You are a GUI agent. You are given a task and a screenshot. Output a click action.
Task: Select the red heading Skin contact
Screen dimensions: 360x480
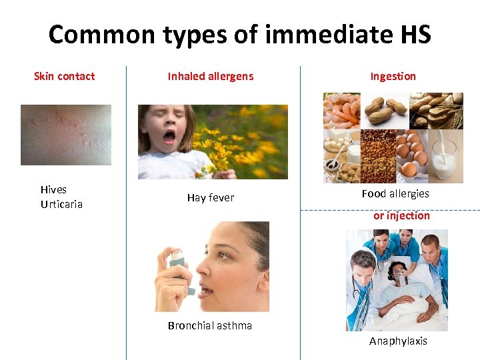tap(64, 76)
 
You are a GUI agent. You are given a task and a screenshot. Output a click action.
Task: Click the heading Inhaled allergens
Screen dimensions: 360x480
tap(210, 76)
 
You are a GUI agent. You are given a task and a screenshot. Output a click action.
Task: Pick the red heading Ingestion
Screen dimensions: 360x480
tap(393, 76)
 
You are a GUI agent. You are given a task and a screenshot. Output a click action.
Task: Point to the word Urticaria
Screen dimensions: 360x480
tap(61, 204)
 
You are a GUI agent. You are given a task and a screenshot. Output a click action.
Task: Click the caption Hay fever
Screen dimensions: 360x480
tap(210, 198)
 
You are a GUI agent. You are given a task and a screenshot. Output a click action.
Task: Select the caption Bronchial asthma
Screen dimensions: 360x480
tap(209, 325)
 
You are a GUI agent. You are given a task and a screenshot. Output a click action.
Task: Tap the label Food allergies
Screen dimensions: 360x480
tap(395, 193)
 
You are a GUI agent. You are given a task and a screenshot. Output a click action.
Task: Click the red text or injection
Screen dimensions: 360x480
tap(401, 215)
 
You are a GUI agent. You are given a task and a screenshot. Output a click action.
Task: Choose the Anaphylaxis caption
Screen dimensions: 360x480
tap(398, 341)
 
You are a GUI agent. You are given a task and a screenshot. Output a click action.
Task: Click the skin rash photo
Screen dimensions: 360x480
tap(65, 135)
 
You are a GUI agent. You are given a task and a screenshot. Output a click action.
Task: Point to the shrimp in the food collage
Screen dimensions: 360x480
tap(341, 110)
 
